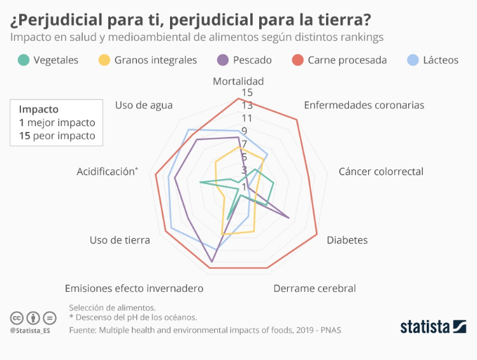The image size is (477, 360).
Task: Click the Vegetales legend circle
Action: click(24, 60)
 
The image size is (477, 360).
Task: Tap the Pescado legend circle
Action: click(223, 60)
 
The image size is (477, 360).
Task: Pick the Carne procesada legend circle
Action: click(297, 60)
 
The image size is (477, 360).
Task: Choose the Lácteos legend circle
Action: click(413, 60)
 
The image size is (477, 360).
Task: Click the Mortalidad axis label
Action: click(238, 81)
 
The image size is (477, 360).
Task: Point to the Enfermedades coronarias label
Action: click(364, 105)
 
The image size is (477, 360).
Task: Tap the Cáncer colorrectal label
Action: click(381, 171)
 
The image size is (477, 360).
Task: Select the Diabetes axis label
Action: click(347, 240)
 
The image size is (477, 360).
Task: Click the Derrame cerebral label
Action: click(315, 288)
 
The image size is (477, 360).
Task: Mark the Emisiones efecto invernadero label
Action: click(134, 288)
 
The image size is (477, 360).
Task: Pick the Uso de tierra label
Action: click(120, 240)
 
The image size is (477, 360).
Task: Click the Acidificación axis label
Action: click(107, 171)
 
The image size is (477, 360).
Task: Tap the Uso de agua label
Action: click(144, 105)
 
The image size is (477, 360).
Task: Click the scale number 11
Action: click(247, 119)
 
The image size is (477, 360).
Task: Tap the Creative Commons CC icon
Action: click(16, 317)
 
